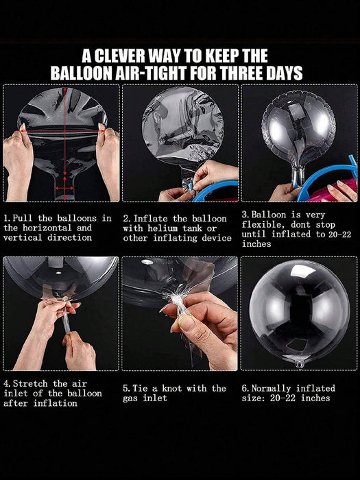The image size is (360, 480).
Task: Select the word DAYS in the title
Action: click(283, 73)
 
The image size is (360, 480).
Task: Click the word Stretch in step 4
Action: click(30, 383)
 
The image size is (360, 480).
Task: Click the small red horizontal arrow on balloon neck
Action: click(64, 188)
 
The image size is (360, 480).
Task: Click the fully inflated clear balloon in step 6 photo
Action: click(300, 312)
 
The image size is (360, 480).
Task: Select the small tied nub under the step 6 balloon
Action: click(300, 364)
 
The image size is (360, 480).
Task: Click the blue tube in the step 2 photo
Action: click(214, 189)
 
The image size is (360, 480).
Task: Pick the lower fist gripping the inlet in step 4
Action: click(79, 351)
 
